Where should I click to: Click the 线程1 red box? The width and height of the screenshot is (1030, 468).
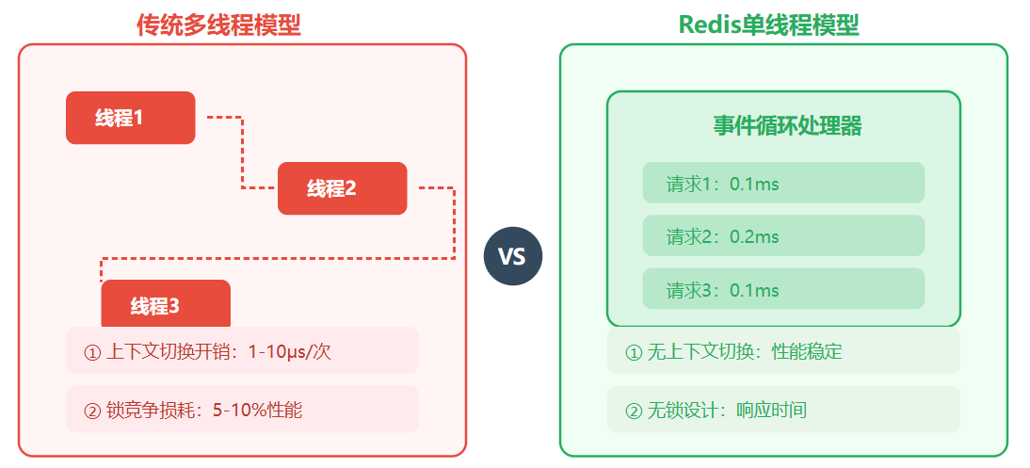click(130, 118)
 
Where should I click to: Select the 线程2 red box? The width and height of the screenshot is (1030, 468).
click(342, 188)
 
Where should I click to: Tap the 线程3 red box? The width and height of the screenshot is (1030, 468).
click(166, 303)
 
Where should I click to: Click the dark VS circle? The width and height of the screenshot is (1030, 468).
click(512, 256)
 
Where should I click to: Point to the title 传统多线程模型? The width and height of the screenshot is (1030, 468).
click(218, 25)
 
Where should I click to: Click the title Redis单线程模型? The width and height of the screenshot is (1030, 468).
click(768, 25)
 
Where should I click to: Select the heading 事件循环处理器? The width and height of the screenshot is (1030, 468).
click(787, 126)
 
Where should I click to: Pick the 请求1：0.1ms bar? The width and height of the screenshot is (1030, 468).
click(783, 183)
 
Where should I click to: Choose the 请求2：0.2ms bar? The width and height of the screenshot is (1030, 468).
click(783, 236)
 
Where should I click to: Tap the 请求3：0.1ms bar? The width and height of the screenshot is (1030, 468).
click(783, 289)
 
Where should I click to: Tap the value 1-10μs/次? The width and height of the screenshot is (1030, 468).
click(289, 352)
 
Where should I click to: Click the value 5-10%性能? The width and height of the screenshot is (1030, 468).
click(257, 411)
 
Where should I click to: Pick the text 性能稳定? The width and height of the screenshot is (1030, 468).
click(807, 352)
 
